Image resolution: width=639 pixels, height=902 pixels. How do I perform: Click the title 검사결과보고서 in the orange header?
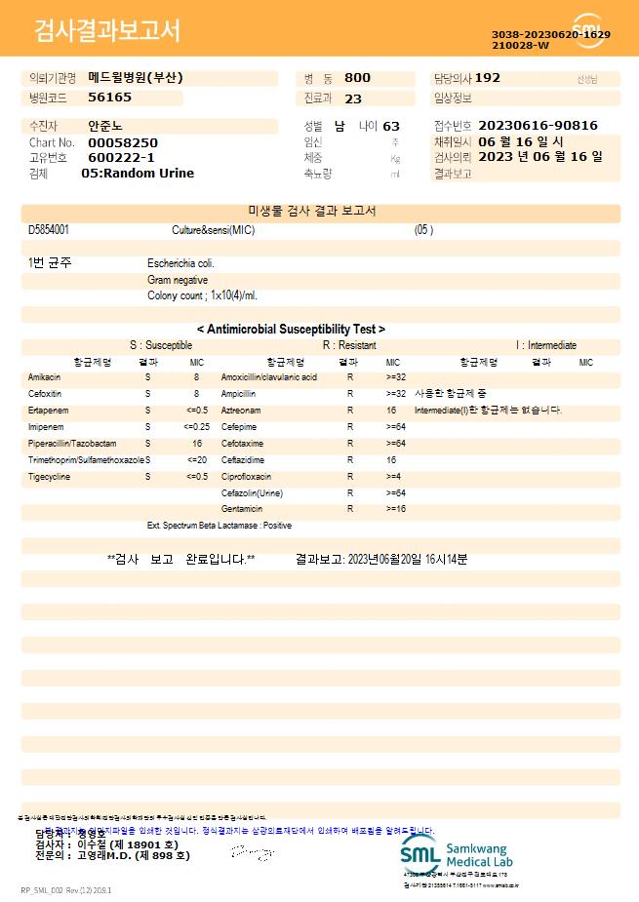click(107, 31)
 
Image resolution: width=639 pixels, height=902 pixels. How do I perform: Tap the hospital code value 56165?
click(109, 98)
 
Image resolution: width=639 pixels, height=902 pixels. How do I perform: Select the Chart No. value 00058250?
click(122, 142)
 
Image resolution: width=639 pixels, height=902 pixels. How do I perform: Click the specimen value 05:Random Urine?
click(138, 174)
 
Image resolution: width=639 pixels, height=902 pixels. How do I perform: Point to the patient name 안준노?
click(105, 127)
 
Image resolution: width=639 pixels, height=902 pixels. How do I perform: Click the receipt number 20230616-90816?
click(539, 126)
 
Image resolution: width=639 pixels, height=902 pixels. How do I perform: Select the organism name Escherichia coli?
click(180, 263)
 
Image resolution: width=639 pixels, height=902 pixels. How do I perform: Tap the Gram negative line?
click(178, 280)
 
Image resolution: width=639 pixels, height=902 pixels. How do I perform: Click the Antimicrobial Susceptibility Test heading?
click(291, 330)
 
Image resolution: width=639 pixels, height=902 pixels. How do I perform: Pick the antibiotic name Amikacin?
click(45, 377)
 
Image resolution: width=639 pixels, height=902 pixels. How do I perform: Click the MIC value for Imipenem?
click(196, 427)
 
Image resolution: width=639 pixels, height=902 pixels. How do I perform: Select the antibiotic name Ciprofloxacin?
click(246, 477)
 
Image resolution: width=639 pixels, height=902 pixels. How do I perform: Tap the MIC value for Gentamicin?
click(395, 509)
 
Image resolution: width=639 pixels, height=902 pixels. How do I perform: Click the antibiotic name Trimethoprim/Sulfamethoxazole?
click(86, 460)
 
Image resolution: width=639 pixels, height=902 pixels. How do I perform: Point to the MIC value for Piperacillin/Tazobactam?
click(196, 444)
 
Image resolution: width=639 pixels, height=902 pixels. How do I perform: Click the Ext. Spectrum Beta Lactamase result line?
click(220, 526)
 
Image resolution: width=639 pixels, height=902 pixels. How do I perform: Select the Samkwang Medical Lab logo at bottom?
click(457, 855)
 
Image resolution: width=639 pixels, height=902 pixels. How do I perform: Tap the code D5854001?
click(49, 230)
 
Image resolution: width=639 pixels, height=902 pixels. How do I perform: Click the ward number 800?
click(357, 78)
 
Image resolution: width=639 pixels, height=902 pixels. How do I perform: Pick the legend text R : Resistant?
click(349, 345)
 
